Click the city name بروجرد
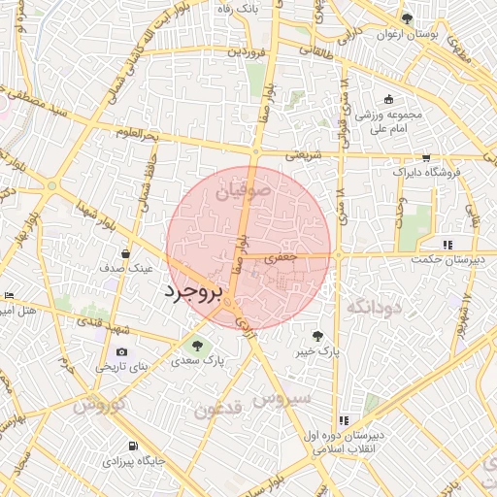click(x=193, y=291)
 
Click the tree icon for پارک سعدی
click(x=198, y=345)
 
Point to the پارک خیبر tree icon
click(x=317, y=338)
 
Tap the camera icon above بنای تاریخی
click(x=121, y=352)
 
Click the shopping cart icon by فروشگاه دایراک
click(x=425, y=157)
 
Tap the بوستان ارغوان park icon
click(x=407, y=18)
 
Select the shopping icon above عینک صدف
click(x=127, y=253)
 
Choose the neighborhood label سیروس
click(x=282, y=399)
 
